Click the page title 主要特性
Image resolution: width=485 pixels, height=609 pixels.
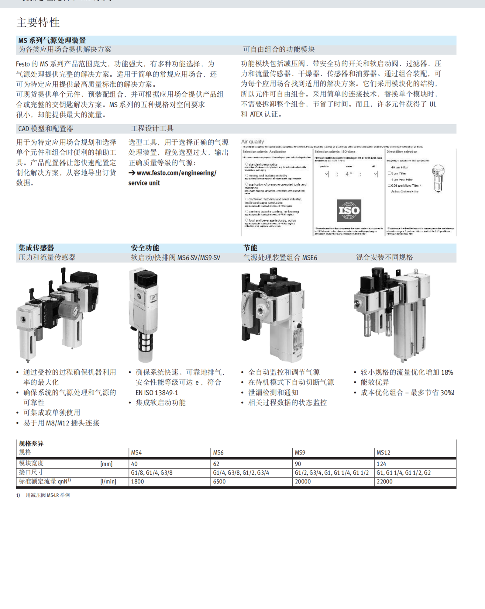(38, 22)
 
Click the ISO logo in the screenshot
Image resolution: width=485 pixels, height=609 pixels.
(349, 210)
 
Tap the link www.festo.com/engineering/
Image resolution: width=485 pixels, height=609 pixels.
(176, 173)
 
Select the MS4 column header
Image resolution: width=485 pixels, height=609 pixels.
(136, 453)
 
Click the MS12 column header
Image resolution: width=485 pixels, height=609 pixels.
(383, 453)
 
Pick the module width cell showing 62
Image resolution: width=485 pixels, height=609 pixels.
(216, 464)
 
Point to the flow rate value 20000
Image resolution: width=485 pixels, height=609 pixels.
(303, 482)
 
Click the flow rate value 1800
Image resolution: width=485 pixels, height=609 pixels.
(137, 482)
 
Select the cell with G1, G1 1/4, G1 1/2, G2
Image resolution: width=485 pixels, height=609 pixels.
(403, 473)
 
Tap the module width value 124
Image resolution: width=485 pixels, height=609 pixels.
(381, 464)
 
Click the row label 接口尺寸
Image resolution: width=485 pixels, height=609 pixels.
(31, 472)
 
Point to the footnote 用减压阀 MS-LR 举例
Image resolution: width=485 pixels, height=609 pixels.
(48, 495)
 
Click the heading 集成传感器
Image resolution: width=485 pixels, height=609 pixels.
(36, 248)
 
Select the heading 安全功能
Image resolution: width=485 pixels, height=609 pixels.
(145, 248)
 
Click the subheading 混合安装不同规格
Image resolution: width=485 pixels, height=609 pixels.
(384, 258)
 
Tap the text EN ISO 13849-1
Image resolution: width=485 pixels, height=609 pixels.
(157, 393)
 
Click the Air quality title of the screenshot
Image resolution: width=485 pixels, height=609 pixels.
(252, 142)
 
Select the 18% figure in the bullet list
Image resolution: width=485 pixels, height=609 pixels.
(447, 372)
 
